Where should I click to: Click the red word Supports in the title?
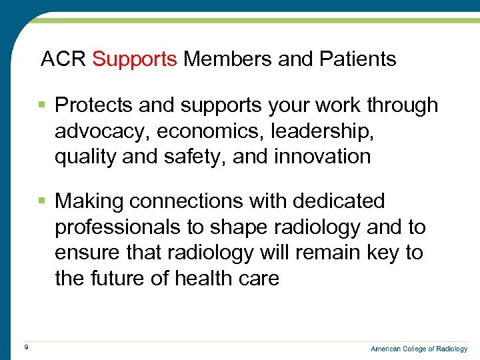[135, 59]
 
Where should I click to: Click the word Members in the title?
[227, 59]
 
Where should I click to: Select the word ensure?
[87, 253]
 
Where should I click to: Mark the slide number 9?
[25, 347]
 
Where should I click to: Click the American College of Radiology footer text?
[419, 349]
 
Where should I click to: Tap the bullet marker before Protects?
[42, 105]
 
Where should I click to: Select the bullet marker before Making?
[42, 201]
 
